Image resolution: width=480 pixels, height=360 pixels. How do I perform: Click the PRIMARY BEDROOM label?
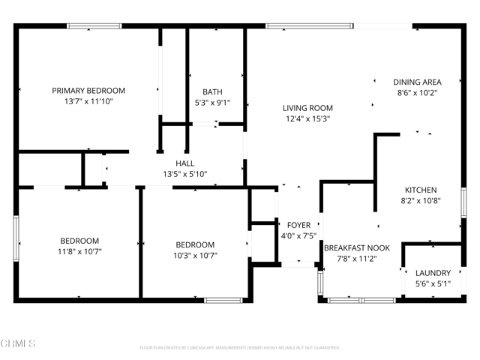pyautogui.click(x=88, y=91)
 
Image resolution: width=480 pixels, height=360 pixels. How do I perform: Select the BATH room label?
pyautogui.click(x=211, y=92)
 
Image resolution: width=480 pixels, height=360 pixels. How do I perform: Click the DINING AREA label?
pyautogui.click(x=417, y=82)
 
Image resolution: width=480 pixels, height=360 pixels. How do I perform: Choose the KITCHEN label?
pyautogui.click(x=421, y=190)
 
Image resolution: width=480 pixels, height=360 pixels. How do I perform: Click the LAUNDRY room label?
pyautogui.click(x=433, y=273)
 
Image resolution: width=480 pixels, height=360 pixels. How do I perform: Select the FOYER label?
pyautogui.click(x=298, y=225)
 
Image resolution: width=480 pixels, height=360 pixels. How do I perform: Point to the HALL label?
pyautogui.click(x=185, y=163)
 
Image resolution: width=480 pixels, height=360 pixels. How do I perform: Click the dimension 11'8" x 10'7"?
pyautogui.click(x=79, y=251)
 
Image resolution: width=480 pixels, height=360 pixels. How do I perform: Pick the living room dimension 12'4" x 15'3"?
pyautogui.click(x=307, y=118)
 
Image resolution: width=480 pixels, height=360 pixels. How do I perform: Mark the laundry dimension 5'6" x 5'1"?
pyautogui.click(x=433, y=283)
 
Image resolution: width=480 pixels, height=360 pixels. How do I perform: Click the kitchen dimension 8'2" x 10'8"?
pyautogui.click(x=421, y=200)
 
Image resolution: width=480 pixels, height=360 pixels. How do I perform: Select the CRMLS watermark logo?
pyautogui.click(x=18, y=343)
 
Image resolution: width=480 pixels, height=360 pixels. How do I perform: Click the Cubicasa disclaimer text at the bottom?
pyautogui.click(x=240, y=347)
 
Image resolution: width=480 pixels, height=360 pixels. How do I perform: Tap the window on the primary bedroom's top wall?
pyautogui.click(x=94, y=26)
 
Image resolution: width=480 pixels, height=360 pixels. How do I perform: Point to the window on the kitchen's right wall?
pyautogui.click(x=463, y=203)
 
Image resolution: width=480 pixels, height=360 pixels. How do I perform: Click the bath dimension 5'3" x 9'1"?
pyautogui.click(x=211, y=103)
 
